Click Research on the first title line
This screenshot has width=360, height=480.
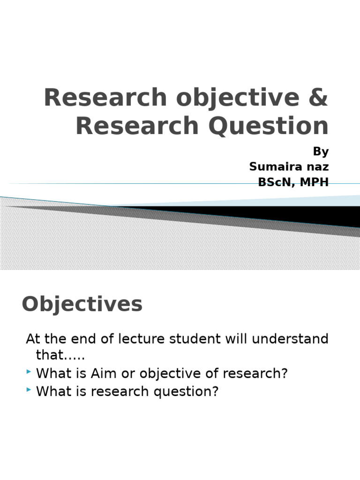(105, 97)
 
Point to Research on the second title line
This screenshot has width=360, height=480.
(137, 126)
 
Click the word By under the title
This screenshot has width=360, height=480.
(321, 152)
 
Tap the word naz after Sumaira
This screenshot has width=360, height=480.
(317, 167)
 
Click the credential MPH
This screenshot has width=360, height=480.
(315, 182)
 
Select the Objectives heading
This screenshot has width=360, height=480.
(82, 305)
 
